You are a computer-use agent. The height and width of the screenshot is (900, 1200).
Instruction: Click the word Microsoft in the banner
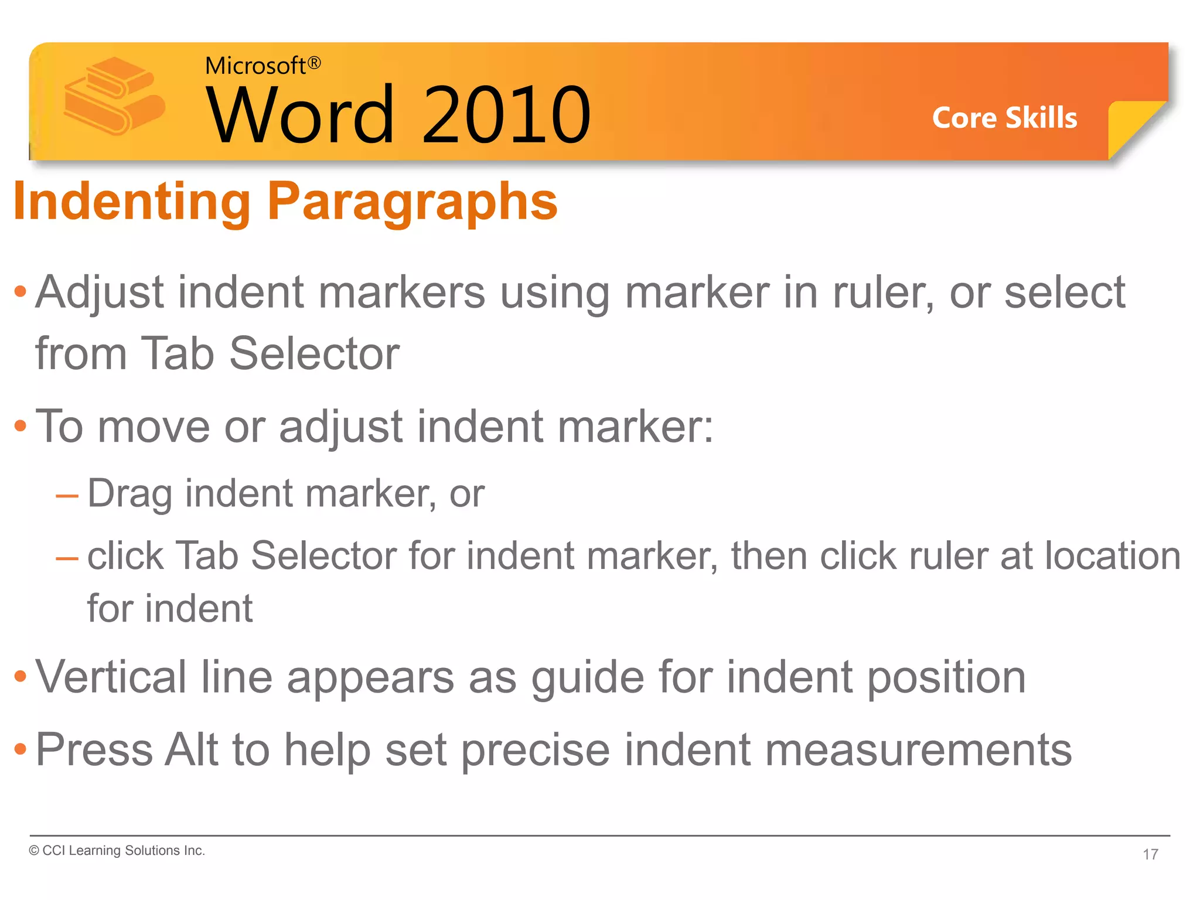point(255,66)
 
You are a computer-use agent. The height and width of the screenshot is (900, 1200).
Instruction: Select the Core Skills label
point(1004,118)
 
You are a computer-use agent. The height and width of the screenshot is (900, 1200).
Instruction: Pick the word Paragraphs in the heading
point(412,202)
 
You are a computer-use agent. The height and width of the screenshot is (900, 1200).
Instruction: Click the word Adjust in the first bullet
point(99,292)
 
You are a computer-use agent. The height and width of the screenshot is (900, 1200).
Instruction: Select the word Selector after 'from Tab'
point(314,354)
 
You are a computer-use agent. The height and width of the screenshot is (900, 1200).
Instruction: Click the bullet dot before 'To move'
point(21,426)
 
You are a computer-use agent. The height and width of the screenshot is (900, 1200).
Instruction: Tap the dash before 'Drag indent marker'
point(67,497)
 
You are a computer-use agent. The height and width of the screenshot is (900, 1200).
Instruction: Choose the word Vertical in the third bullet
point(111,677)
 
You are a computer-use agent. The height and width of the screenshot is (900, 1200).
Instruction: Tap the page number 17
point(1150,854)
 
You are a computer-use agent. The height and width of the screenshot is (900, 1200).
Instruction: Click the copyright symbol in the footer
point(34,851)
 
